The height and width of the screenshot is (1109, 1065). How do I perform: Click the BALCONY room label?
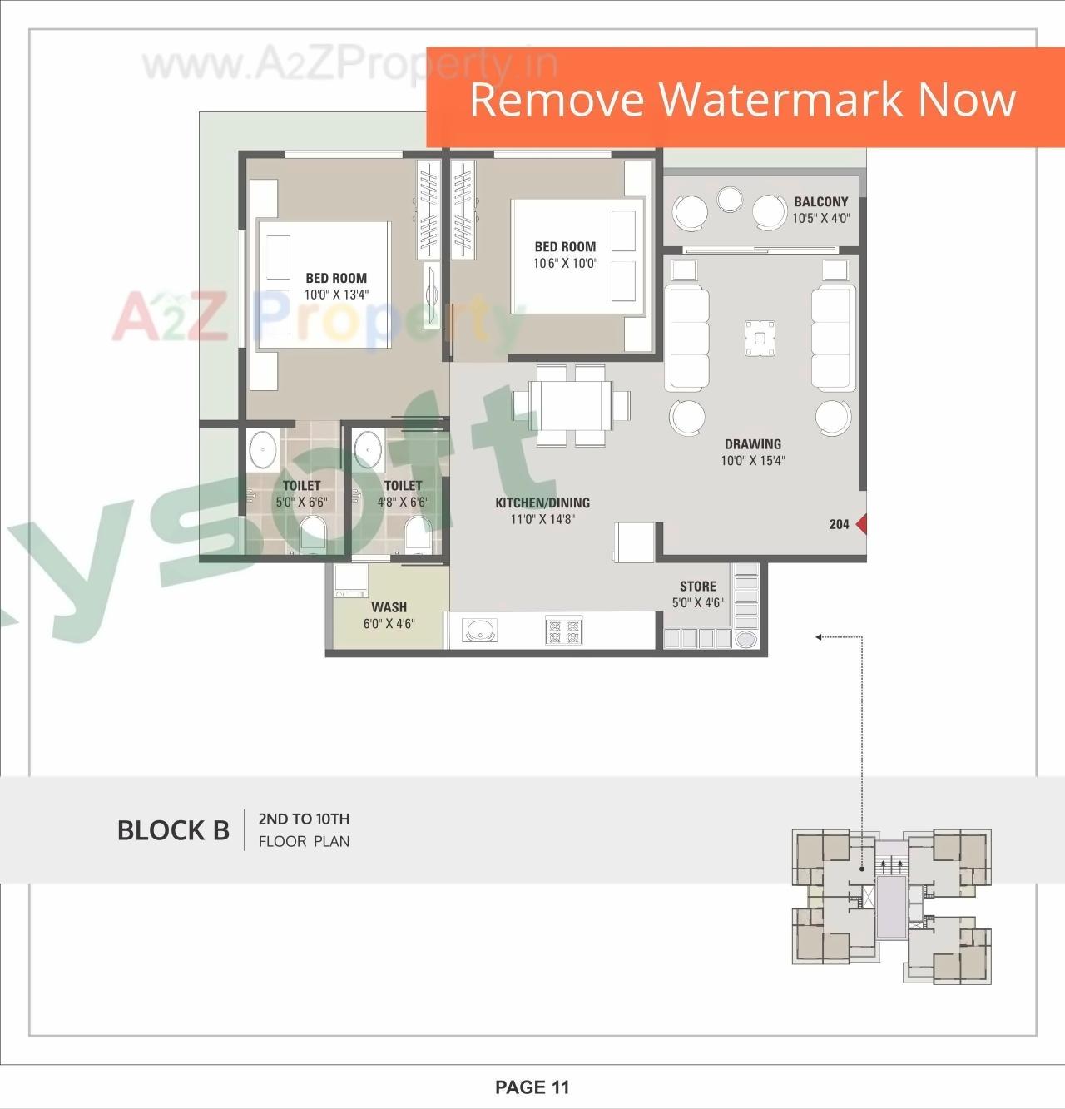tap(820, 202)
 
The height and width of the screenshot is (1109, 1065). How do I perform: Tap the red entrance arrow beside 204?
tap(862, 524)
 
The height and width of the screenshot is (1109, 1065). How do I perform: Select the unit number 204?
tap(839, 524)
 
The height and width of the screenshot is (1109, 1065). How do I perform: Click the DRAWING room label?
tap(752, 444)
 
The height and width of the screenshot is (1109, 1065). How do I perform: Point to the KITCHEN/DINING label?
tap(542, 503)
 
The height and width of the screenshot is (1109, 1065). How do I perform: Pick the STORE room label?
tap(697, 587)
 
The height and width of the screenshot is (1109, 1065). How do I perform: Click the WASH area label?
tap(389, 607)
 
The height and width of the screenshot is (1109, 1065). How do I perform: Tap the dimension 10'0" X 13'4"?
tap(335, 295)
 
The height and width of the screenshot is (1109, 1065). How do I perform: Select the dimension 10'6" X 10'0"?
tap(565, 264)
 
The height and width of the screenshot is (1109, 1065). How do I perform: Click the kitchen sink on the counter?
tap(479, 631)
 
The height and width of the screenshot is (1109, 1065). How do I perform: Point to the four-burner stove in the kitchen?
tap(563, 630)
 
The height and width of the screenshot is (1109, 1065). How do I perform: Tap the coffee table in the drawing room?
tap(760, 339)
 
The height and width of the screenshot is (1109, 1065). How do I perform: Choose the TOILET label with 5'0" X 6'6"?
tap(301, 486)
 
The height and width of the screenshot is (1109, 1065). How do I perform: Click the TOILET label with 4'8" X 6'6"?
tap(403, 486)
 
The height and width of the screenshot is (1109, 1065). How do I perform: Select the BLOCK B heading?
tap(173, 830)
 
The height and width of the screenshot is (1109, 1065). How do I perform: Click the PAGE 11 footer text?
tap(532, 1087)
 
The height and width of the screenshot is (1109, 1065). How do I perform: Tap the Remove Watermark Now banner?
tap(743, 99)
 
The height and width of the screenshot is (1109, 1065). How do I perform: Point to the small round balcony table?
tap(730, 198)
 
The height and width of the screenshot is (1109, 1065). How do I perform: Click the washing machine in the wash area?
tap(351, 581)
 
